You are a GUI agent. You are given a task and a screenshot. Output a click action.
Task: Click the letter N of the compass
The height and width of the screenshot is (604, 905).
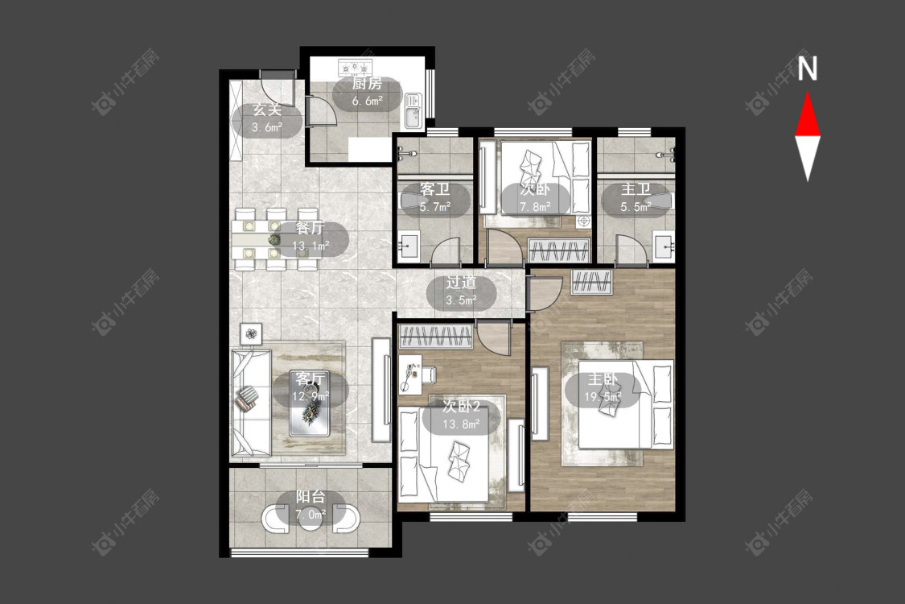(x=808, y=68)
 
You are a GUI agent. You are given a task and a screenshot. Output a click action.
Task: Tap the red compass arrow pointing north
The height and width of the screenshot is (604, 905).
(x=808, y=114)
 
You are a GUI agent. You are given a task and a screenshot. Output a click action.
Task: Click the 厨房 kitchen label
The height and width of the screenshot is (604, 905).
(x=367, y=84)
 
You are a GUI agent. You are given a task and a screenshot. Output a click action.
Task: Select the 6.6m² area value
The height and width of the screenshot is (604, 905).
(x=368, y=101)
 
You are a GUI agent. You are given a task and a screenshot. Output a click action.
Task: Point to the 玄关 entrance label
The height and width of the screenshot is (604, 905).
(x=267, y=110)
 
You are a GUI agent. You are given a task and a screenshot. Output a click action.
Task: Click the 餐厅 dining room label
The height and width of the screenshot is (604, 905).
(x=310, y=228)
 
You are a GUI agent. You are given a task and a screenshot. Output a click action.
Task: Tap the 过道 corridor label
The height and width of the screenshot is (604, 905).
(x=461, y=283)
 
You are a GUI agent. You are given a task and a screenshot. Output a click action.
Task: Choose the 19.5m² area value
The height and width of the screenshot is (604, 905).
(x=603, y=397)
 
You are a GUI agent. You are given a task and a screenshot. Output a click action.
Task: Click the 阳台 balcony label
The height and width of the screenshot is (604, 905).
(x=311, y=497)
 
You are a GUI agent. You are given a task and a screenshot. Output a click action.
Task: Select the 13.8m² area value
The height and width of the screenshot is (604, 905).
(x=461, y=425)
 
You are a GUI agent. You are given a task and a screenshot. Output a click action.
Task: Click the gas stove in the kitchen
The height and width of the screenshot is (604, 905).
(x=353, y=68)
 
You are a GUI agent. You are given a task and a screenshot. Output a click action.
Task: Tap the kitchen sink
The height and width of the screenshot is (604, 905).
(x=413, y=111)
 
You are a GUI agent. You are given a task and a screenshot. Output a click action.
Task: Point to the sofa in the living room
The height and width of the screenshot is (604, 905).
(x=251, y=403)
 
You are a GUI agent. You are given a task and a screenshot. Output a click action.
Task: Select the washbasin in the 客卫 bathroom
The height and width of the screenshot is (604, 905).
(x=409, y=246)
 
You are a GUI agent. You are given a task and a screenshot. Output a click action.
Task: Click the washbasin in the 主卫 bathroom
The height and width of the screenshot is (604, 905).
(x=664, y=246)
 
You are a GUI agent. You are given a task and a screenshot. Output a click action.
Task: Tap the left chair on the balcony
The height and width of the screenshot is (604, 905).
(x=276, y=519)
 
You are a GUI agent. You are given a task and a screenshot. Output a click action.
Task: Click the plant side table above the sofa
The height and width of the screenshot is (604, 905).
(x=251, y=333)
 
